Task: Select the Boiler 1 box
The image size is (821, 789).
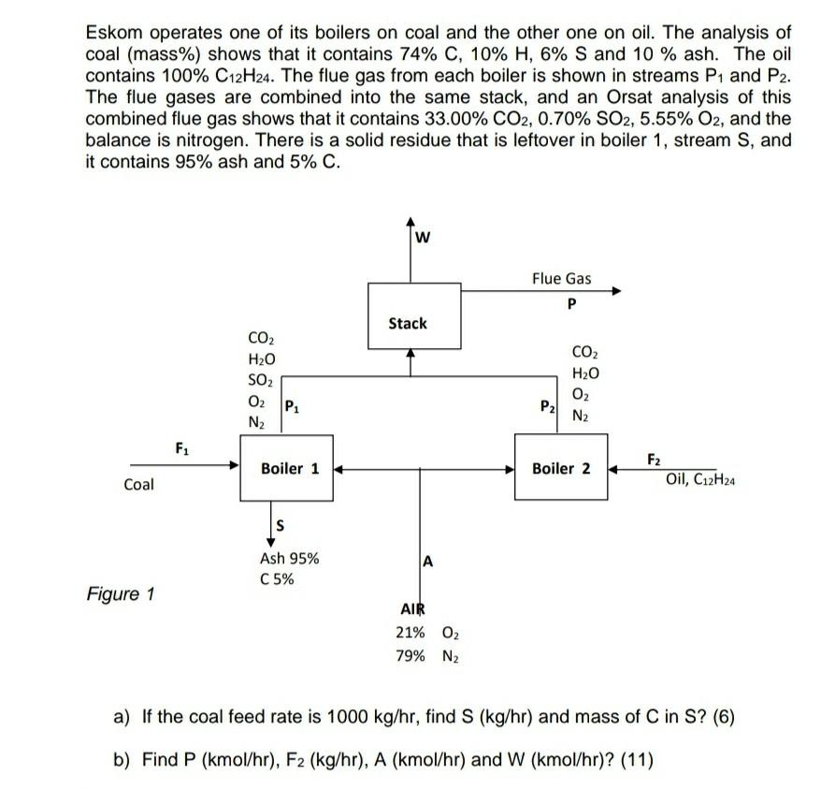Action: click(x=290, y=468)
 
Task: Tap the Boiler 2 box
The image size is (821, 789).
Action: click(x=560, y=468)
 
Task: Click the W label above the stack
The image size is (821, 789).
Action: click(x=422, y=236)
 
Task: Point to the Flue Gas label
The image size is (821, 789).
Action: click(x=561, y=278)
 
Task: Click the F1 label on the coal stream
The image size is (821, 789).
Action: click(x=181, y=446)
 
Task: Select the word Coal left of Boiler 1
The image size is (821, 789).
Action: click(x=138, y=485)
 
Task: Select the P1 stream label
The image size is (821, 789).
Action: click(x=292, y=405)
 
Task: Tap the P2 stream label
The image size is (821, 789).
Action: click(x=547, y=405)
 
